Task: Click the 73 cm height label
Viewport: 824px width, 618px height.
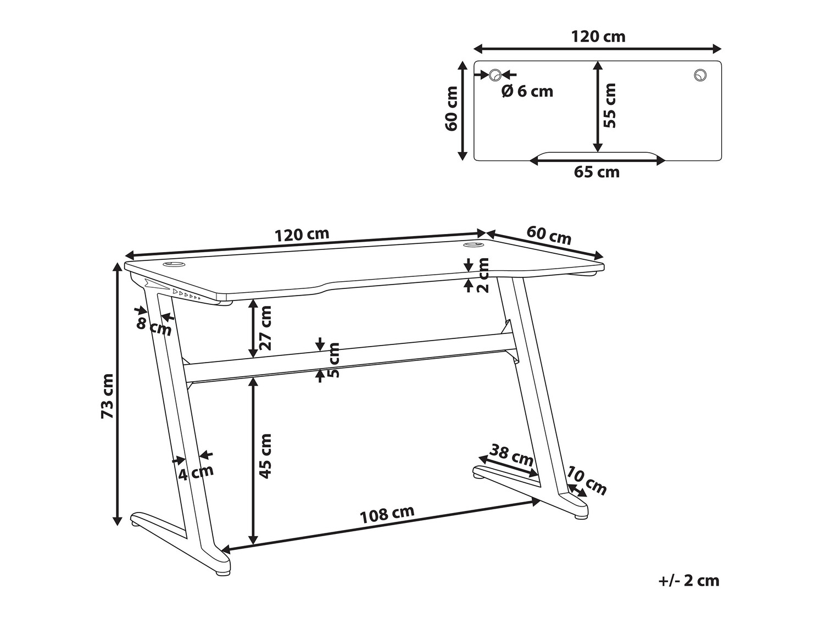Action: pyautogui.click(x=108, y=396)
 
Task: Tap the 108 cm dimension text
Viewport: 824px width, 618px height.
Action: pyautogui.click(x=387, y=514)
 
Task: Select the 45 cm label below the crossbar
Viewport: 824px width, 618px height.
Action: pyautogui.click(x=265, y=456)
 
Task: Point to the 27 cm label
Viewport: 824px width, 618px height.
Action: pyautogui.click(x=265, y=328)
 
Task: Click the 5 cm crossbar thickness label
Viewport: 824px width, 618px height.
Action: pyautogui.click(x=333, y=360)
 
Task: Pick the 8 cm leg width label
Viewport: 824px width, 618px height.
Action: pyautogui.click(x=153, y=327)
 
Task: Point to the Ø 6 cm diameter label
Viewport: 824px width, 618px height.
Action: pyautogui.click(x=527, y=92)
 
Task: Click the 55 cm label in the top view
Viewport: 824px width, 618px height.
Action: pyautogui.click(x=610, y=105)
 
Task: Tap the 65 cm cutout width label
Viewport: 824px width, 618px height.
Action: pyautogui.click(x=597, y=172)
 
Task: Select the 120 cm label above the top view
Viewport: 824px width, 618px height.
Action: pyautogui.click(x=598, y=37)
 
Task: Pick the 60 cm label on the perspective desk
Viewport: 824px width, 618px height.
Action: pyautogui.click(x=548, y=235)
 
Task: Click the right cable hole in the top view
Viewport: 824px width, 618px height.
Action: pyautogui.click(x=700, y=75)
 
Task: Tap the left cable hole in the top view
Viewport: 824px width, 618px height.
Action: pyautogui.click(x=495, y=75)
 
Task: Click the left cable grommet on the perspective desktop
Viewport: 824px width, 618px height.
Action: pyautogui.click(x=174, y=265)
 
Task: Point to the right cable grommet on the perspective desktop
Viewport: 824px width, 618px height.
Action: pyautogui.click(x=474, y=245)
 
